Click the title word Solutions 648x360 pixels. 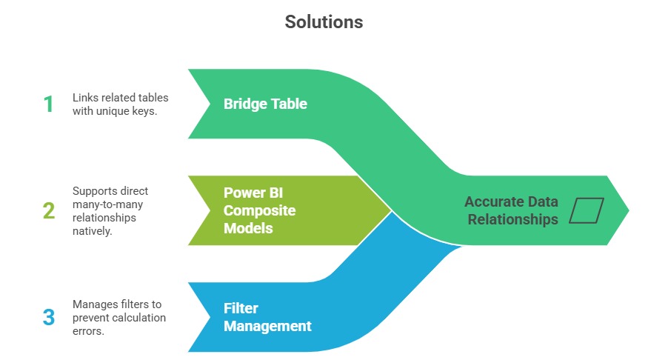pyautogui.click(x=324, y=22)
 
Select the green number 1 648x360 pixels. pyautogui.click(x=48, y=104)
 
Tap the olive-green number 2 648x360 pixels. pyautogui.click(x=48, y=211)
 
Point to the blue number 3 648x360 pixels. pyautogui.click(x=48, y=317)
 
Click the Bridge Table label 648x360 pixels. pyautogui.click(x=265, y=104)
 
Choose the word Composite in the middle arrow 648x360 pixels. pyautogui.click(x=259, y=210)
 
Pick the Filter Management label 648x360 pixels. pyautogui.click(x=267, y=317)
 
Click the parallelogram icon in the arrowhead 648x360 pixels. pyautogui.click(x=587, y=210)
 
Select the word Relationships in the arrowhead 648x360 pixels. pyautogui.click(x=511, y=219)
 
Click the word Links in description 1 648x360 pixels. pyautogui.click(x=84, y=98)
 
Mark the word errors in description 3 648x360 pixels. pyautogui.click(x=87, y=331)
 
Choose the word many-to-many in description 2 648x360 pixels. pyautogui.click(x=104, y=204)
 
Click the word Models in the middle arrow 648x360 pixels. pyautogui.click(x=248, y=228)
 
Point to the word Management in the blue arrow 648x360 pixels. pyautogui.click(x=267, y=326)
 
